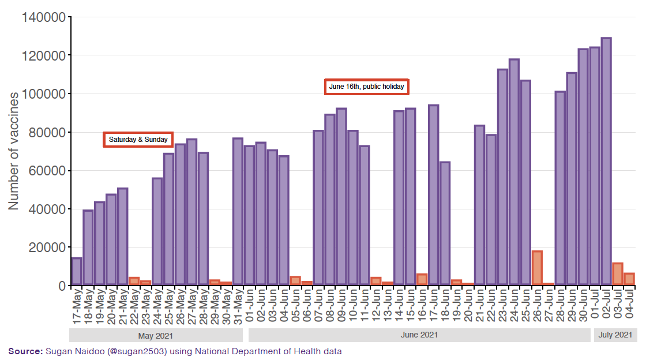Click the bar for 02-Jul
point(606,162)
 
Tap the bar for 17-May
point(76,271)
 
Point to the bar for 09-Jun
point(341,197)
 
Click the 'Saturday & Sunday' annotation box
point(138,140)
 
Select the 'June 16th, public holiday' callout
point(366,87)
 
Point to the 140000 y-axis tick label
point(43,17)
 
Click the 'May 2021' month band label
point(156,335)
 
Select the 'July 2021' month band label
point(615,335)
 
